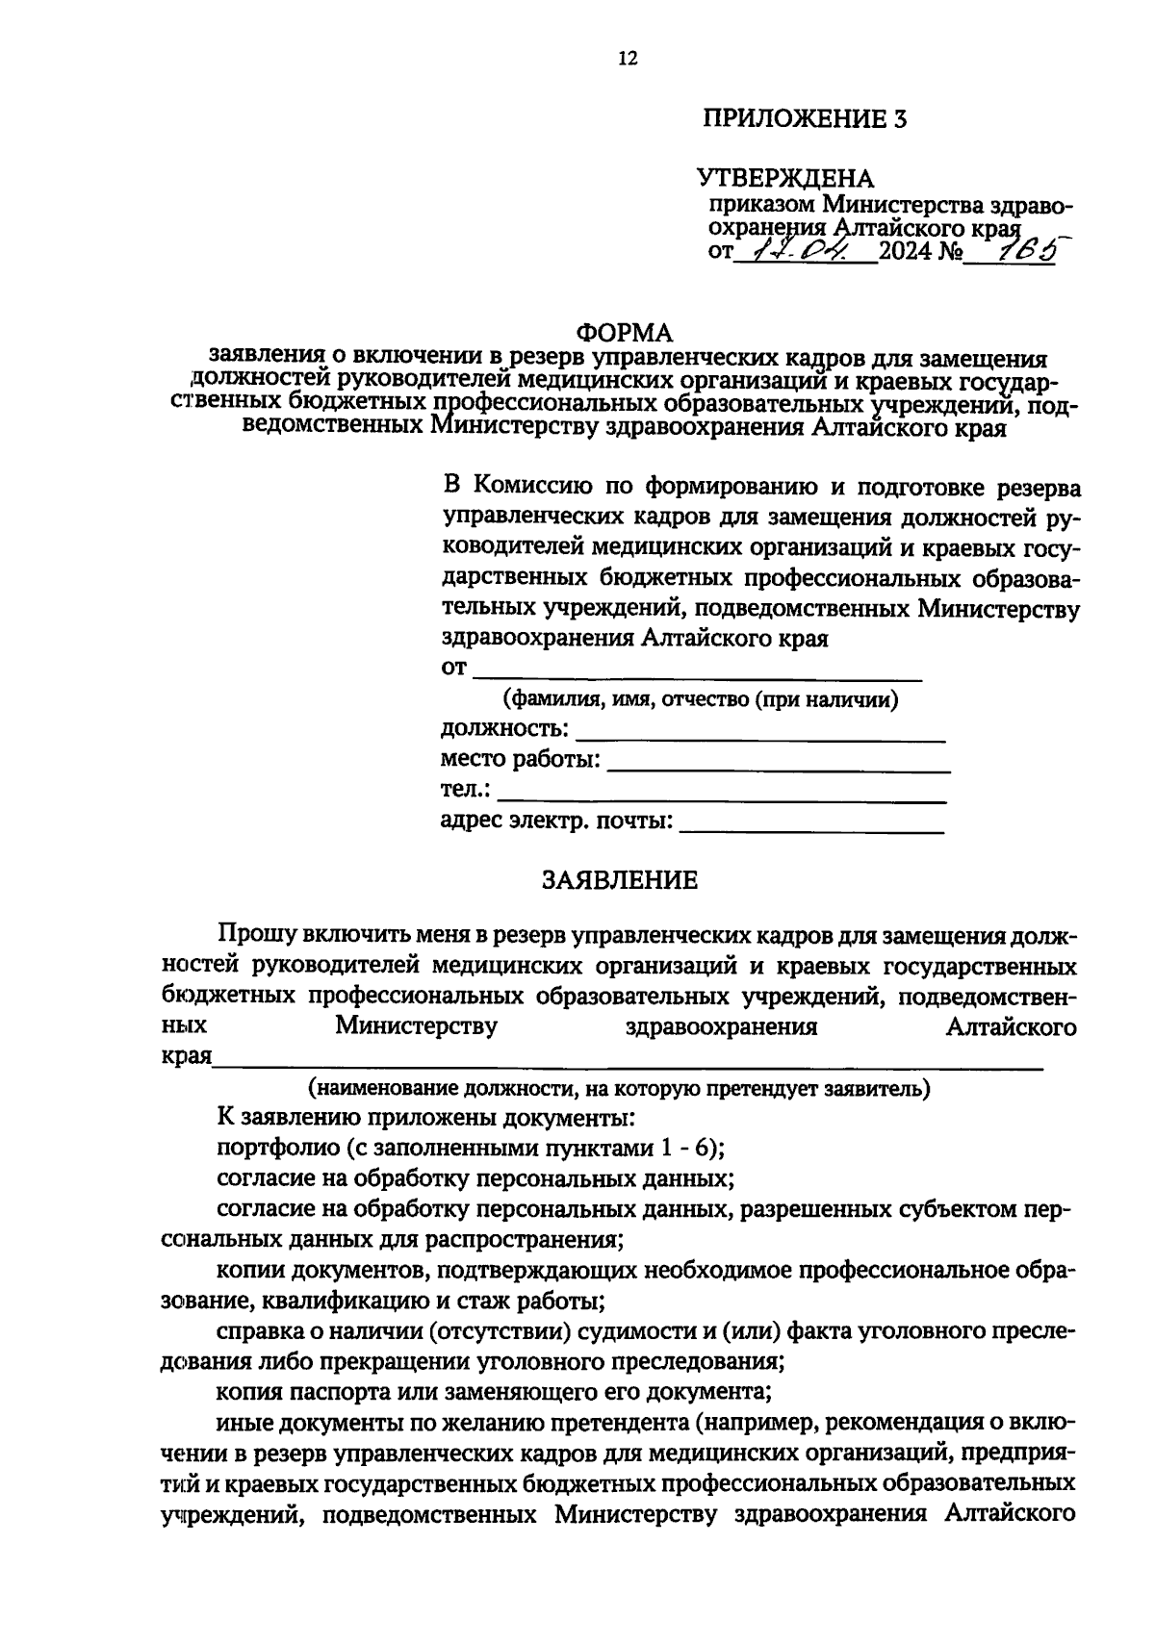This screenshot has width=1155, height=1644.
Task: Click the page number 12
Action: [627, 59]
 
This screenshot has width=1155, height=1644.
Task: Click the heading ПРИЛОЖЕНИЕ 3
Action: [805, 119]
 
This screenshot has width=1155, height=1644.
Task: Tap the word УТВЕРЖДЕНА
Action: [784, 179]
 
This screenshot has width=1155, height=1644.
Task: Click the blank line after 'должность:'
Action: [759, 737]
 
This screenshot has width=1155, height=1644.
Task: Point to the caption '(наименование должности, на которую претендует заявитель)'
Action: [619, 1088]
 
